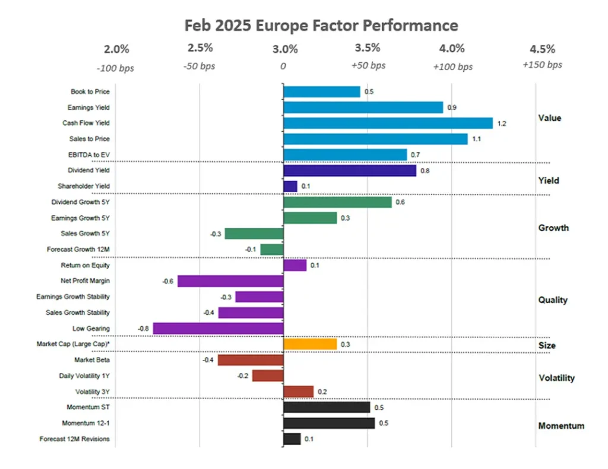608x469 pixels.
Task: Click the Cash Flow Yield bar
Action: [x=388, y=123]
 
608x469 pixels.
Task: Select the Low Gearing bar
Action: [x=218, y=328]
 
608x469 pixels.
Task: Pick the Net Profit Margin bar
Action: [x=230, y=281]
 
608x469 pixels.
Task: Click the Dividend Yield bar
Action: [x=350, y=171]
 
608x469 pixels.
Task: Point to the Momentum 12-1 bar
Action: [x=329, y=423]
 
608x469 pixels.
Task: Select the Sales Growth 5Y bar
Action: [x=254, y=234]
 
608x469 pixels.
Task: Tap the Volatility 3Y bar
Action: [x=298, y=391]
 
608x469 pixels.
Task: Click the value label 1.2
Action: [x=502, y=123]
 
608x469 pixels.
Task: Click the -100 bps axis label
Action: [x=118, y=68]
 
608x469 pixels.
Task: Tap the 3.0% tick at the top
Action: [x=284, y=49]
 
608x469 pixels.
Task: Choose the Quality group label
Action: [x=553, y=299]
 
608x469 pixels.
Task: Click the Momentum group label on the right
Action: [x=560, y=426]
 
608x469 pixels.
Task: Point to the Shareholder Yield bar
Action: [x=290, y=186]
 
